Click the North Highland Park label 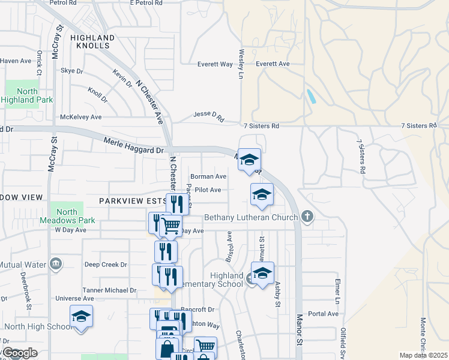[x=28, y=96]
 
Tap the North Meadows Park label [x=67, y=216]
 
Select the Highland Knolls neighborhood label [x=92, y=41]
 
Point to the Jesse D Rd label [x=208, y=116]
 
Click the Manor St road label [x=298, y=329]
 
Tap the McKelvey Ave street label [x=80, y=118]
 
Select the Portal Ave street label [x=324, y=314]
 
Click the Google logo [x=20, y=353]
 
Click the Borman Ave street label [x=208, y=177]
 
